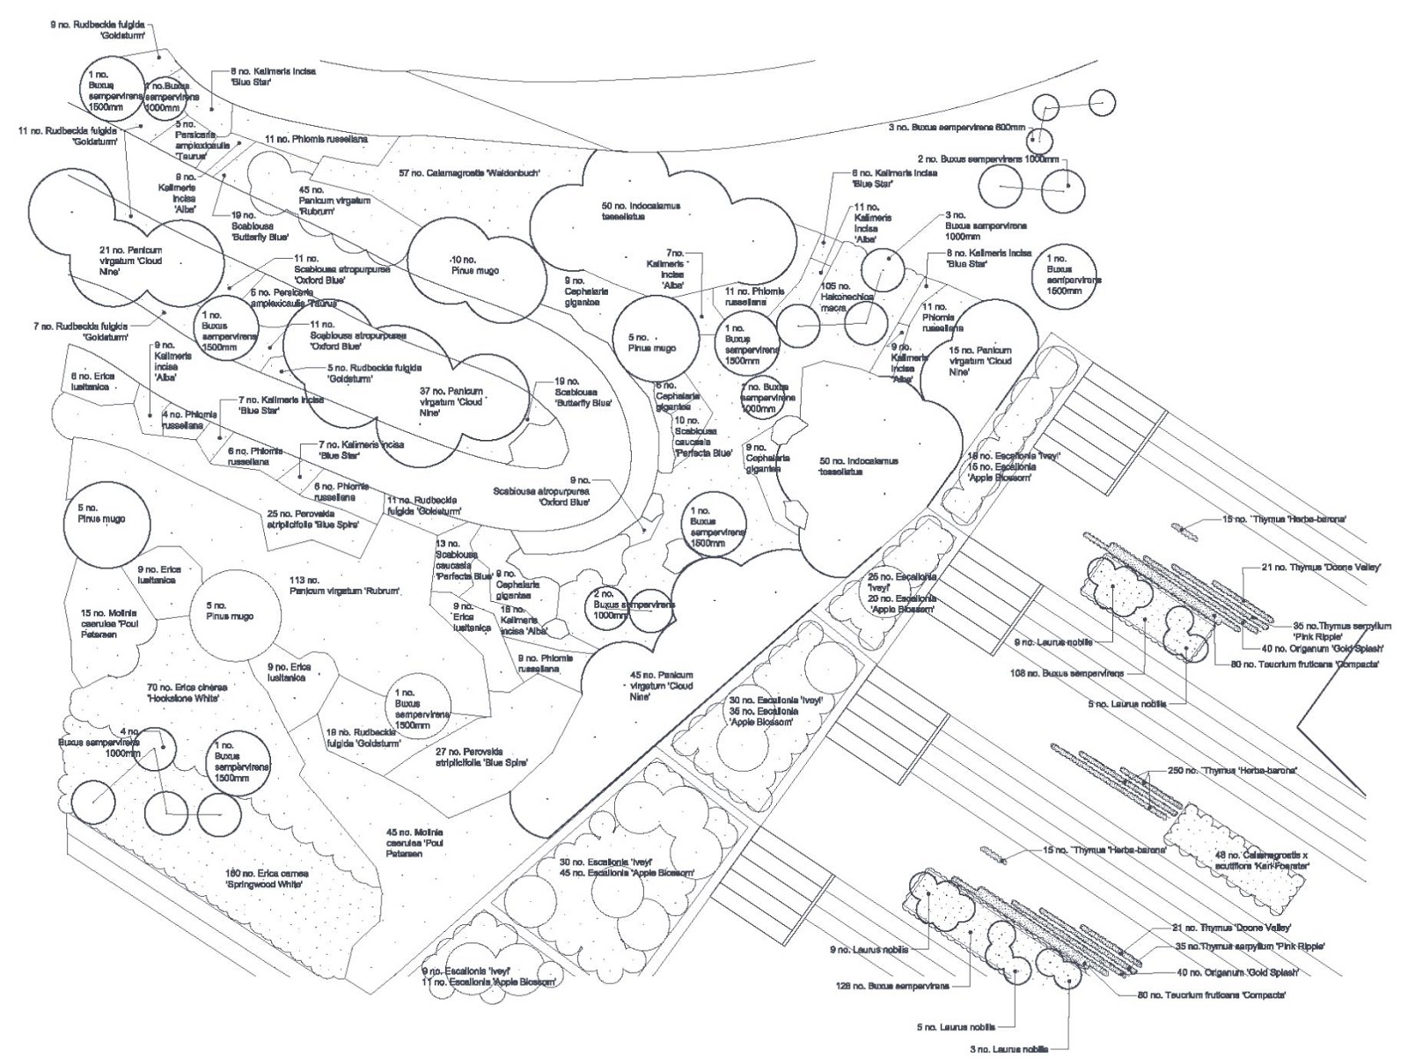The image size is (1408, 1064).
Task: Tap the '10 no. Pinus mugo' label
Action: pos(474,265)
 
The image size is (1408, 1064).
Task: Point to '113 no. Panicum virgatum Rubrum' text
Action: pos(344,586)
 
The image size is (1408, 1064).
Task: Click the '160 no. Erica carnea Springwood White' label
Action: pos(265,879)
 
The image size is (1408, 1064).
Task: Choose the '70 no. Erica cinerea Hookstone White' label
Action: pos(187,692)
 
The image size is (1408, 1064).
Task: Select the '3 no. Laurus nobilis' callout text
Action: pos(1009,1049)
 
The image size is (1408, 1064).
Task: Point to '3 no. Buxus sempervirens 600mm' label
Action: pos(957,128)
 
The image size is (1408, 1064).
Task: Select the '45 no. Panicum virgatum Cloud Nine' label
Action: pos(661,686)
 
